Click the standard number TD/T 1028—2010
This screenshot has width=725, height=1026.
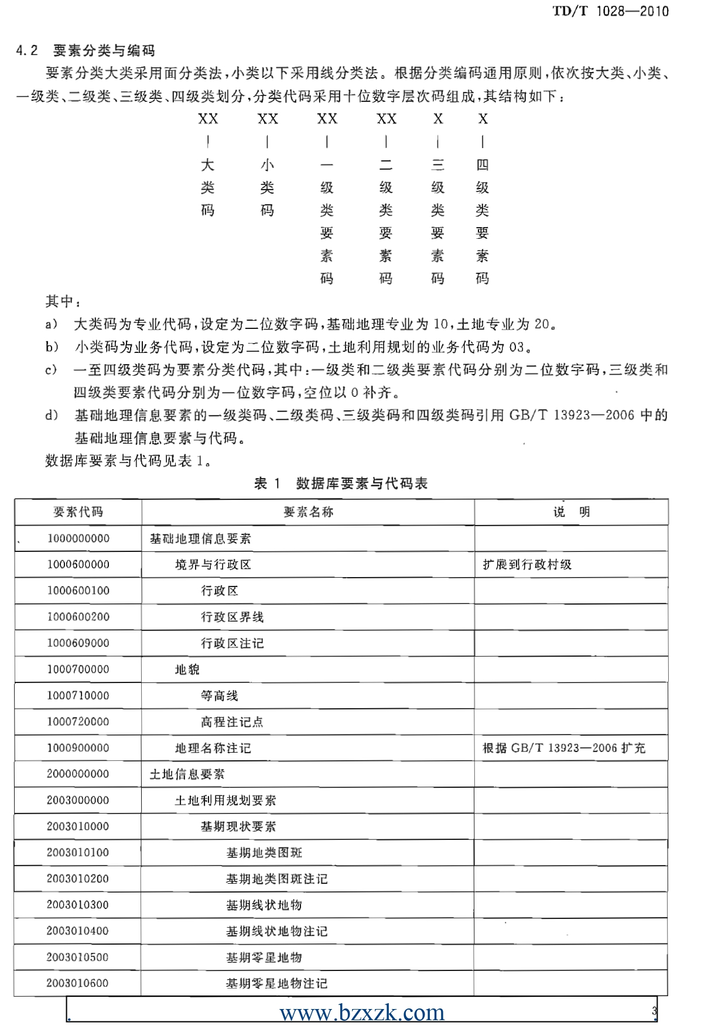[x=610, y=11]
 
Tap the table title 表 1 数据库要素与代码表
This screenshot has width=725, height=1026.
[x=341, y=483]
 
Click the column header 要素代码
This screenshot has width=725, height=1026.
[x=78, y=512]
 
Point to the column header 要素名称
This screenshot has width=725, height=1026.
[x=308, y=512]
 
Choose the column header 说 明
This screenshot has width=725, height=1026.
[x=572, y=512]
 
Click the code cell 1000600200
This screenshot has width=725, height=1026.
[x=78, y=617]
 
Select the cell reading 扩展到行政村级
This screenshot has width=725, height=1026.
[x=527, y=565]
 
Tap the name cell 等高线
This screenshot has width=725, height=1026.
[x=220, y=696]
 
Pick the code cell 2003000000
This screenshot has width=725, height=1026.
[x=78, y=801]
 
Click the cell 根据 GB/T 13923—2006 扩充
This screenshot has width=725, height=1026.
[x=563, y=748]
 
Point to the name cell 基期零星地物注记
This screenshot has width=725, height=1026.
[x=276, y=984]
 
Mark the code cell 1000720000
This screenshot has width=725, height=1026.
[x=78, y=722]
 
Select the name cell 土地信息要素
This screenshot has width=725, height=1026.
[x=187, y=774]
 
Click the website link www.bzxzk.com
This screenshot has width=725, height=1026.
[x=362, y=1012]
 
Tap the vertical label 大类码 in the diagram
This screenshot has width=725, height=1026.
[x=208, y=187]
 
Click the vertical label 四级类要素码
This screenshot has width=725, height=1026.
[x=483, y=221]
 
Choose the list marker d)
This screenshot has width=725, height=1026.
[x=52, y=416]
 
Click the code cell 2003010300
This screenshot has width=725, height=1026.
[x=78, y=905]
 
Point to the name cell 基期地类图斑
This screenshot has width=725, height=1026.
[x=264, y=853]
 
